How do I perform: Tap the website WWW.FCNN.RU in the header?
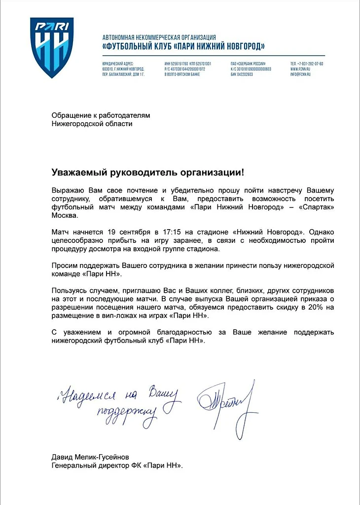coord(300,69)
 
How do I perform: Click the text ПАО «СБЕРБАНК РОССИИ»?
coord(248,64)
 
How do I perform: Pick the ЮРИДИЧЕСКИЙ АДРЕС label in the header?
coord(116,64)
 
